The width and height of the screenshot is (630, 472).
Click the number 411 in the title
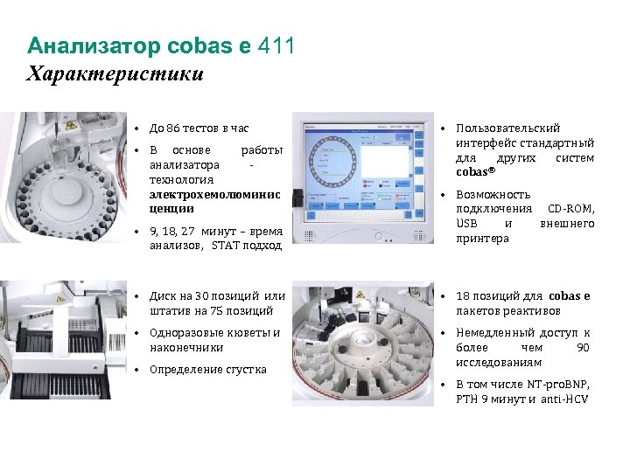point(276,45)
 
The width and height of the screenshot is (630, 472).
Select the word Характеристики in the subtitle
point(115,73)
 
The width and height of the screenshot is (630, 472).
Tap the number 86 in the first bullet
point(172,128)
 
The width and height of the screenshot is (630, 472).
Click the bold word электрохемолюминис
point(215,195)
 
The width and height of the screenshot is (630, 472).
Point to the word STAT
point(226,246)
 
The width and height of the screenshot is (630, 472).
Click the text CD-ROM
point(570,209)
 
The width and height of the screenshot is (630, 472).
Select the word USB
point(467,223)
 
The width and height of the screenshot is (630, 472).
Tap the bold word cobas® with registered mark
point(476,172)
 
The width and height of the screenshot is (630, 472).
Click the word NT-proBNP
point(558,385)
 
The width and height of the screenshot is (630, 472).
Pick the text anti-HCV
point(564,399)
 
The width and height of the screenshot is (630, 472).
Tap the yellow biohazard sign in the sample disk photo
point(71,126)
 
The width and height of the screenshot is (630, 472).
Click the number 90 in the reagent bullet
point(583,348)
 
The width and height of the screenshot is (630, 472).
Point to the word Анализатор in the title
point(94,46)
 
